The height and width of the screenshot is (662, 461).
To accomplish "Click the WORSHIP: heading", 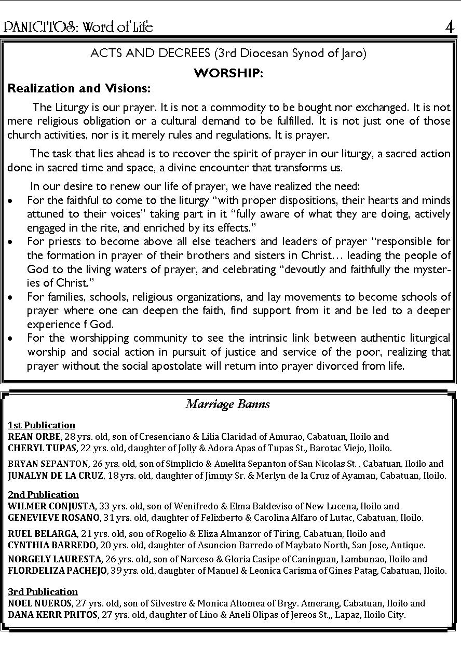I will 228,73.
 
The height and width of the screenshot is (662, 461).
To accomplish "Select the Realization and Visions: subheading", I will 79,88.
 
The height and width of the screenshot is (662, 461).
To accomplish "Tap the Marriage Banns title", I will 228,404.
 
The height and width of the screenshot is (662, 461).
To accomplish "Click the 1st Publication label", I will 42,425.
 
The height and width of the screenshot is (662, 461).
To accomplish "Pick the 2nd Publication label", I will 43,495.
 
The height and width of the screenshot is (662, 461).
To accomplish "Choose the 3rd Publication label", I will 43,592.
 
